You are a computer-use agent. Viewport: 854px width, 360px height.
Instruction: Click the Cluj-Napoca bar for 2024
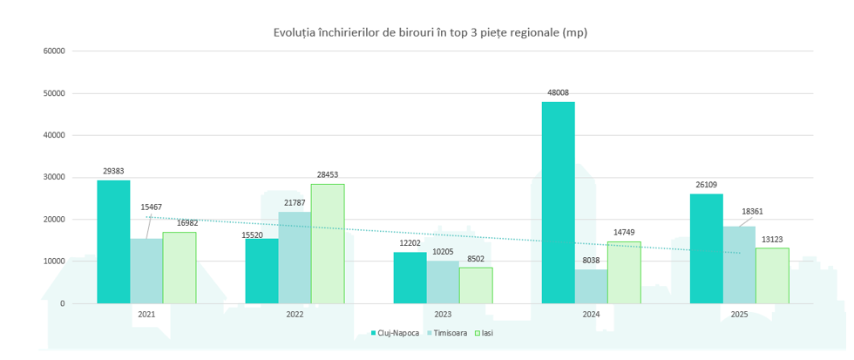(x=558, y=202)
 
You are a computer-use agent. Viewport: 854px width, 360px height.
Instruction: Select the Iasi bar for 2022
(x=328, y=243)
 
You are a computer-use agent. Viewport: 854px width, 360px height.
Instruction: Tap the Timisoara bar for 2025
(x=739, y=265)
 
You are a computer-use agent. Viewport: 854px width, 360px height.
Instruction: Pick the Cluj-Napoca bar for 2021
(x=113, y=241)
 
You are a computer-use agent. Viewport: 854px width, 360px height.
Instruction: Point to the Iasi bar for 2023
(x=476, y=285)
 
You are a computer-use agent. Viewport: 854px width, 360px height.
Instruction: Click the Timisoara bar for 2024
(x=591, y=286)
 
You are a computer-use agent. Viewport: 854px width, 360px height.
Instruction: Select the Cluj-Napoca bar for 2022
(x=261, y=270)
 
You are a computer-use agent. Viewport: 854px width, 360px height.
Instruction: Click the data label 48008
(x=558, y=92)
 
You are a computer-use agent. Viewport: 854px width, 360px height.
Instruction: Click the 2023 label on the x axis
(x=443, y=314)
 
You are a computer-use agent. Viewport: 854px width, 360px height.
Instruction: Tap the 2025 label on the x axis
(x=739, y=314)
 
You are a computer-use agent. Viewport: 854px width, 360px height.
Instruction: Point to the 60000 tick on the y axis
(x=54, y=51)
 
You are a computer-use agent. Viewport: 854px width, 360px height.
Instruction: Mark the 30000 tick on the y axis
(x=54, y=177)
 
